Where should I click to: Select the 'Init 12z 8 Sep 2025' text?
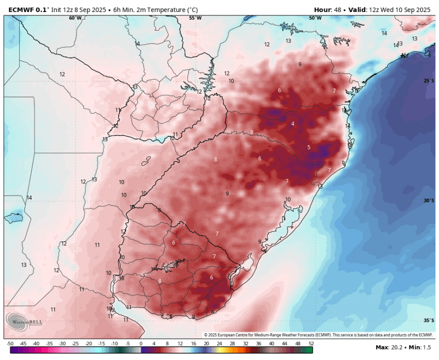click(x=80, y=9)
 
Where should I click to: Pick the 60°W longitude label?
click(x=75, y=18)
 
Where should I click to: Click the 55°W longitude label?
click(x=195, y=18)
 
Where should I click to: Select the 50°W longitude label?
click(x=315, y=18)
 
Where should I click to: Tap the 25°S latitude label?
click(x=429, y=81)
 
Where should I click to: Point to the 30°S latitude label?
click(x=429, y=201)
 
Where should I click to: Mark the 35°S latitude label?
click(x=429, y=320)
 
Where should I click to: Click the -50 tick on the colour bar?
click(x=10, y=344)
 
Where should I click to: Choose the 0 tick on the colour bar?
click(x=141, y=344)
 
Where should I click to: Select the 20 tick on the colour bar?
click(x=206, y=344)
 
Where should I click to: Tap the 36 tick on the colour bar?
click(x=258, y=344)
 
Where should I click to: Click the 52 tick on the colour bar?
click(x=311, y=344)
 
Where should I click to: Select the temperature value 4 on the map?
click(x=293, y=124)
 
